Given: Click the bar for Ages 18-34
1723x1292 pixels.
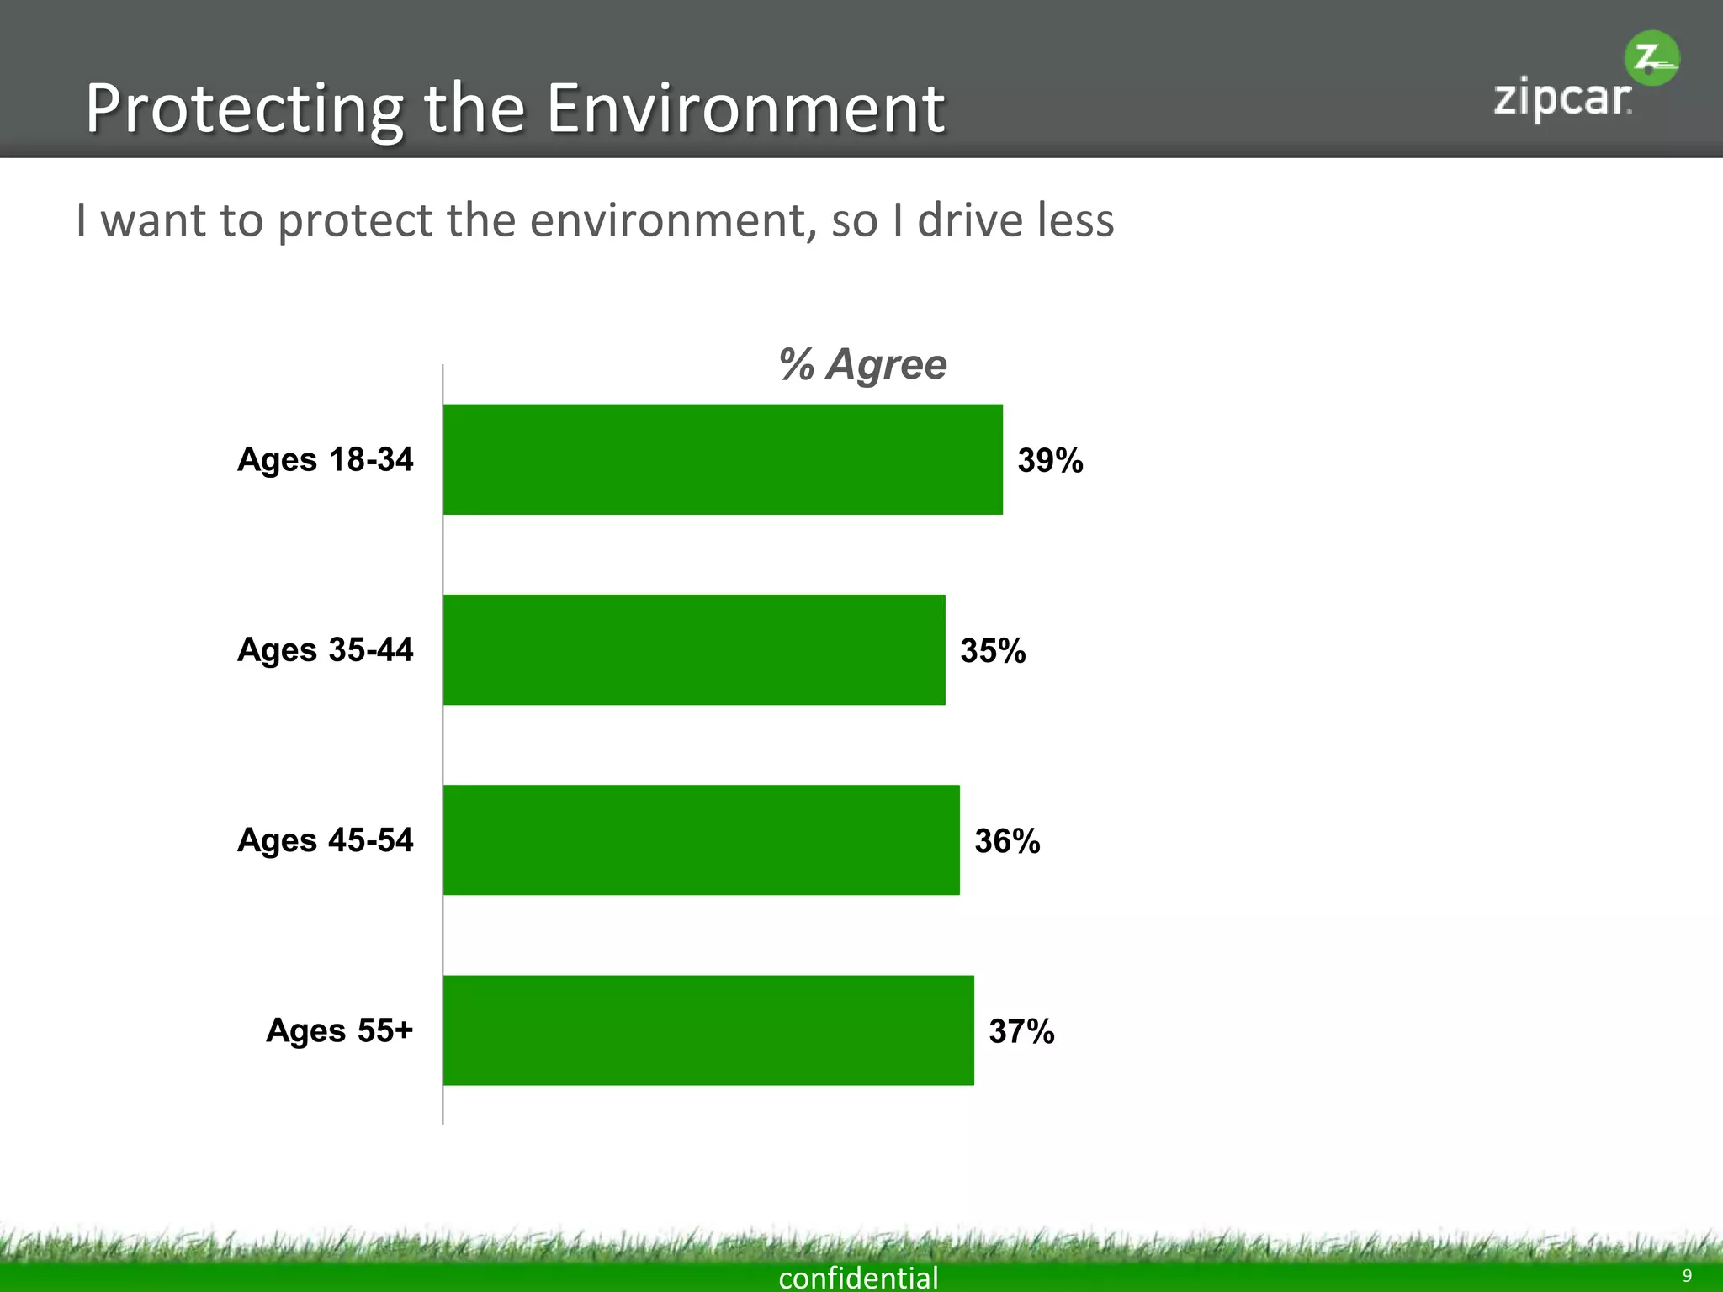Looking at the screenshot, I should (x=723, y=459).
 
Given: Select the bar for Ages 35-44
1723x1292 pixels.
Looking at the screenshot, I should (x=694, y=649).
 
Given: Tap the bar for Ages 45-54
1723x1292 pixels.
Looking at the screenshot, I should (x=701, y=839).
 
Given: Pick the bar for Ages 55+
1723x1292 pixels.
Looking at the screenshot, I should (x=708, y=1030).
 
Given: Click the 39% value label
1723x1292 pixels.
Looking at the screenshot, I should (x=1050, y=460).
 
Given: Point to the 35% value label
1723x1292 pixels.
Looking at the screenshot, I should (x=993, y=650).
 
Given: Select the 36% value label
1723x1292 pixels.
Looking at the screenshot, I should (x=1007, y=840).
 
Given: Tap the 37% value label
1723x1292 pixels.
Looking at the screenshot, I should (x=1021, y=1031).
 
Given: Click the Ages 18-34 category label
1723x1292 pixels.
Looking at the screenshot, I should (x=326, y=459).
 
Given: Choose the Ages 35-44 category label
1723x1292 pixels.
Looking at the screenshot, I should (x=326, y=649).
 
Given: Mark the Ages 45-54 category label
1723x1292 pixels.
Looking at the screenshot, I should (x=326, y=839).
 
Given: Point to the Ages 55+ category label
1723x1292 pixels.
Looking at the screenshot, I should (x=340, y=1030).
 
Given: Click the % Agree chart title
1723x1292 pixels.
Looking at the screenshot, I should (x=863, y=364).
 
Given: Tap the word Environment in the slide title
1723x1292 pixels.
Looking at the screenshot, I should (x=745, y=109).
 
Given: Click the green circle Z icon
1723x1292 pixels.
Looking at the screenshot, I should (x=1651, y=58).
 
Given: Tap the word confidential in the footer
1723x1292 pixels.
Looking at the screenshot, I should (x=858, y=1278).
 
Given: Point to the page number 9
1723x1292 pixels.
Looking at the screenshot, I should (x=1687, y=1276).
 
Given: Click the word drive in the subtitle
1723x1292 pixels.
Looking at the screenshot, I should (x=970, y=220).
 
